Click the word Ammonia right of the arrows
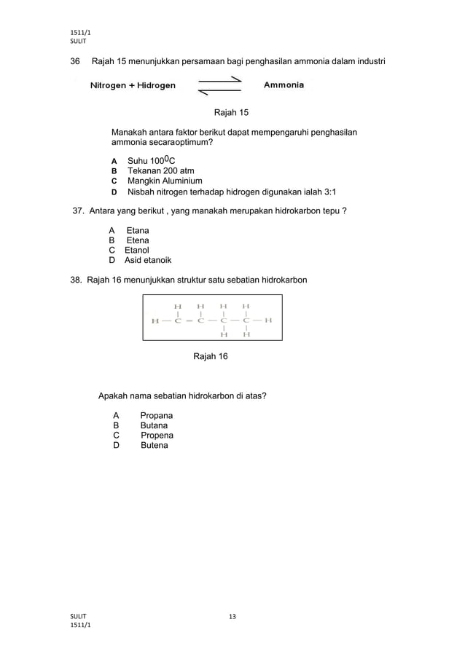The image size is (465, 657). pyautogui.click(x=284, y=85)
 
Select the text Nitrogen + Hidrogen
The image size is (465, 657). pyautogui.click(x=132, y=86)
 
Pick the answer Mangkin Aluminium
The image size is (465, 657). pyautogui.click(x=165, y=181)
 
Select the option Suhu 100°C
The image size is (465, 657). pyautogui.click(x=152, y=160)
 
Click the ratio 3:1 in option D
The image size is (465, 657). pyautogui.click(x=327, y=192)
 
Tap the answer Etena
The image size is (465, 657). pyautogui.click(x=138, y=240)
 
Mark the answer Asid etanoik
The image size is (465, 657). pyautogui.click(x=148, y=261)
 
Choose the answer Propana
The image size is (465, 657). pyautogui.click(x=156, y=415)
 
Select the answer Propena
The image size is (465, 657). pyautogui.click(x=157, y=435)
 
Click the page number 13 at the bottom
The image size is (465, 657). pyautogui.click(x=232, y=617)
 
